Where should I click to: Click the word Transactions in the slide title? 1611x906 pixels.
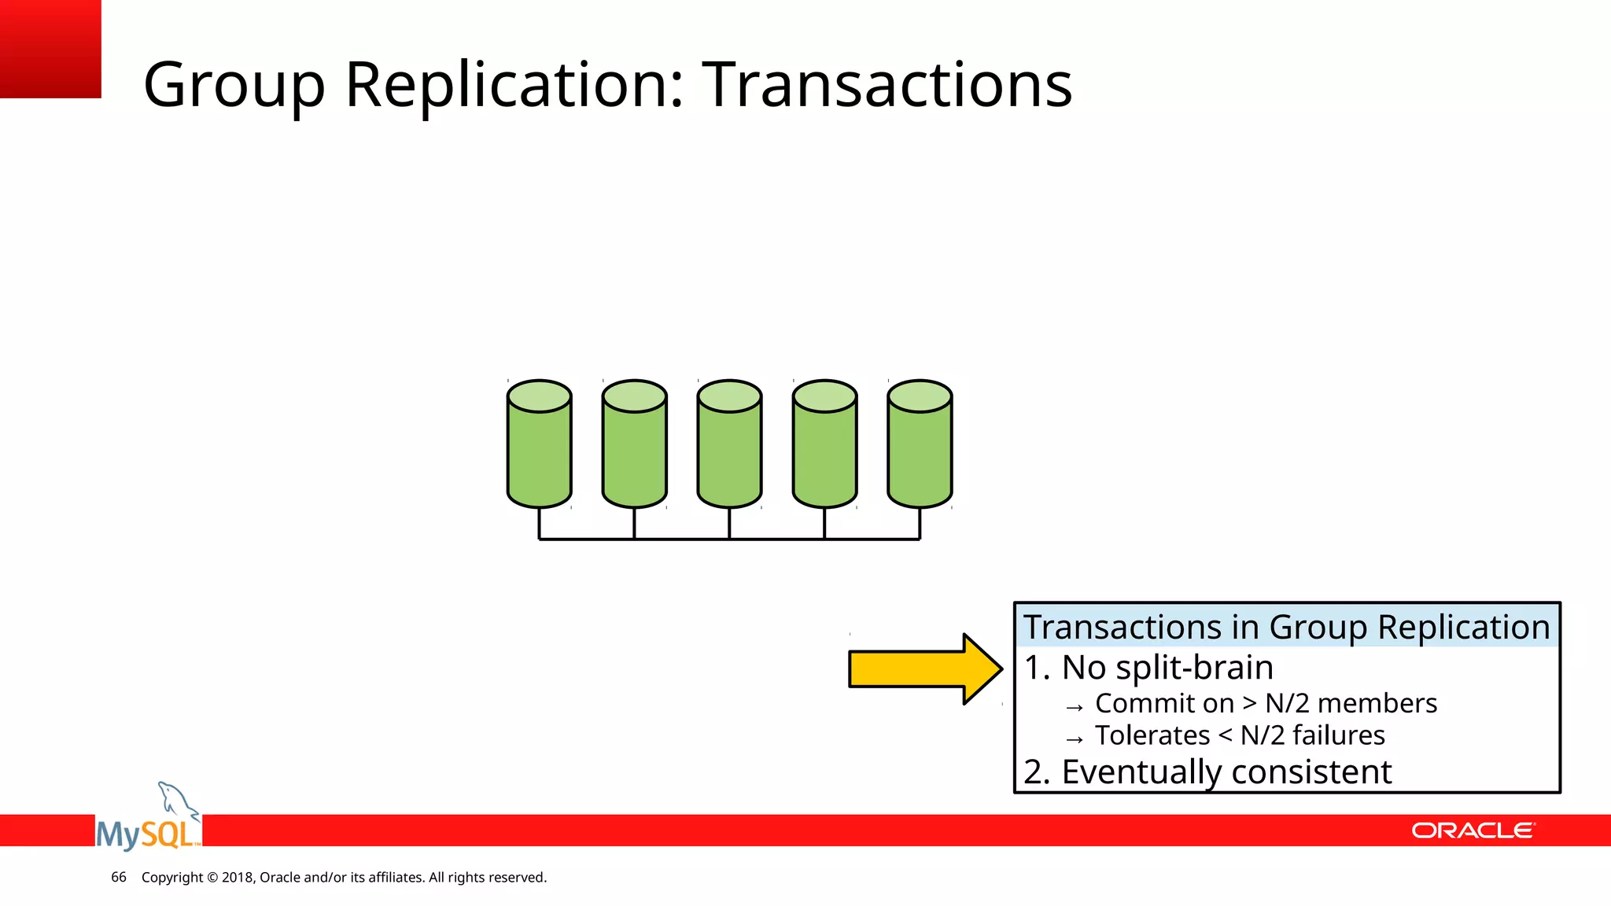click(887, 84)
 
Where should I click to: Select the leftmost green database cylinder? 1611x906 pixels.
click(539, 444)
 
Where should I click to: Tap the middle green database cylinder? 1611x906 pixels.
click(729, 444)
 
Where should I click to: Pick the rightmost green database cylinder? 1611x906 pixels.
click(920, 444)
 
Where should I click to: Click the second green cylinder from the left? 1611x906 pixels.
click(634, 444)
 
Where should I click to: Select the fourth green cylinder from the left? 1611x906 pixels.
click(824, 444)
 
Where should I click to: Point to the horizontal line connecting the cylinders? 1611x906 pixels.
click(729, 540)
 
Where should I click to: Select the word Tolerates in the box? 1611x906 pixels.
click(1152, 735)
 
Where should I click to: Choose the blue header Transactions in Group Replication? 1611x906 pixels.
click(1286, 627)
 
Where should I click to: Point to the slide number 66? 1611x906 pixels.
click(119, 877)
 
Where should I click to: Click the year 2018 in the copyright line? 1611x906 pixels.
click(237, 877)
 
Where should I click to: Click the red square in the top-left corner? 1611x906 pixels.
click(50, 48)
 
